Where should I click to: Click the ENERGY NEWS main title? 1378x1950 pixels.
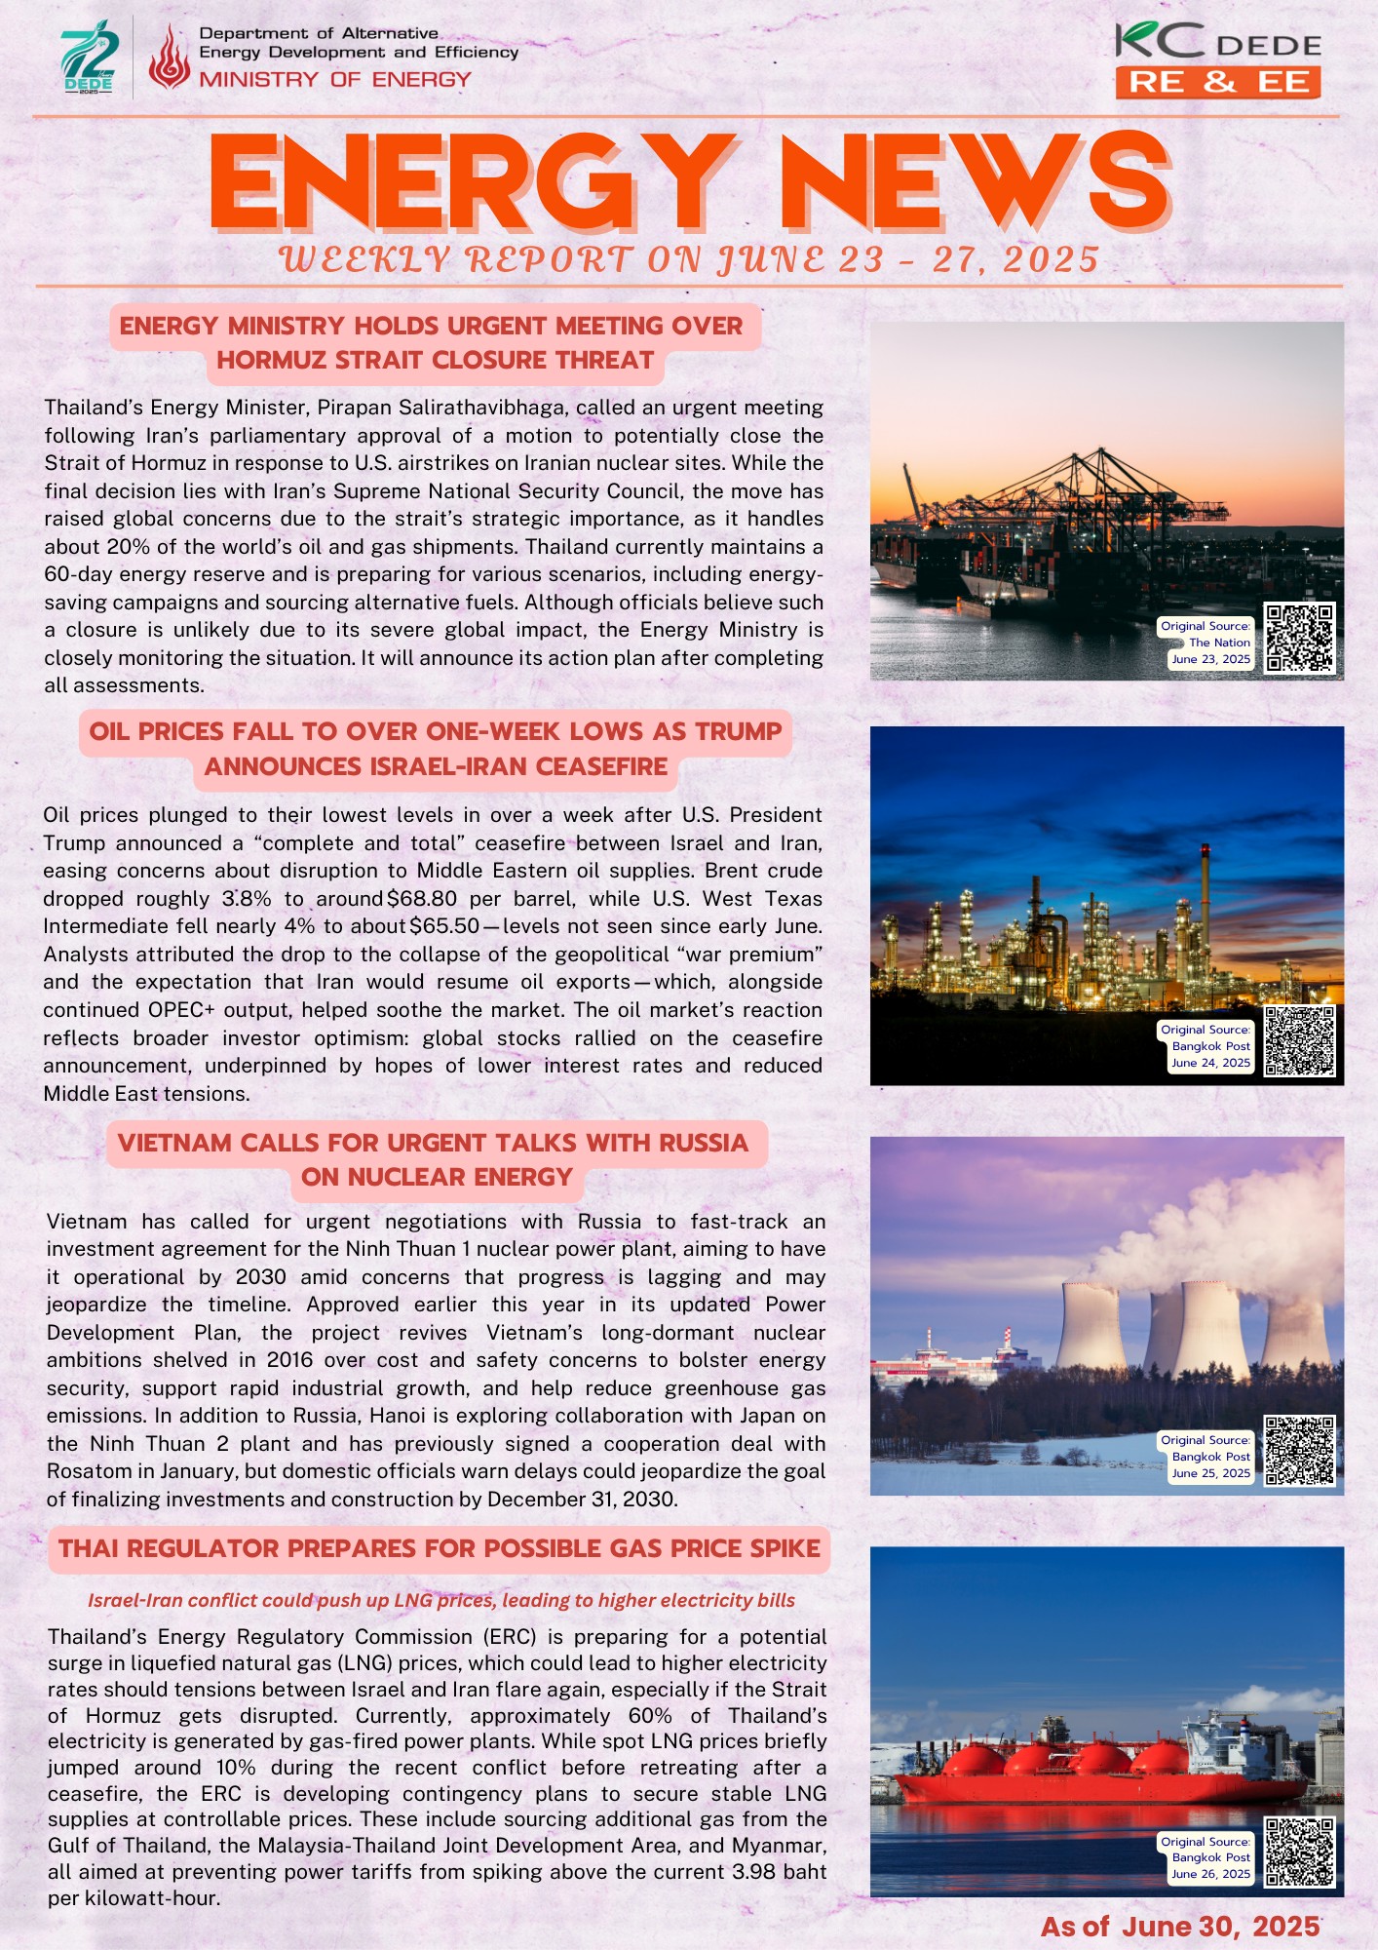[689, 182]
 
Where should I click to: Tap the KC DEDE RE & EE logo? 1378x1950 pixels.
[1218, 61]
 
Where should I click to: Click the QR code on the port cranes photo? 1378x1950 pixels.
[1299, 638]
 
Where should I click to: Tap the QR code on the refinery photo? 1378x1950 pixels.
[1299, 1041]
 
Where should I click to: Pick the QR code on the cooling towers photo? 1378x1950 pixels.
[1299, 1451]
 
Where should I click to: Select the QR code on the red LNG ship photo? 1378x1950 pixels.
[1299, 1852]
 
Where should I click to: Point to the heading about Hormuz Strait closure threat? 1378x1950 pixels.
[435, 342]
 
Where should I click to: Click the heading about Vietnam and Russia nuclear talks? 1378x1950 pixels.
[435, 1159]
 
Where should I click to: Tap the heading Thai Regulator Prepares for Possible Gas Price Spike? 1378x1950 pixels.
[439, 1548]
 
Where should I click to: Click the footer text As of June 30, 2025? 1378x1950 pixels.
[1179, 1926]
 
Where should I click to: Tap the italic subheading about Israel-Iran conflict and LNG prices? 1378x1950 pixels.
[441, 1600]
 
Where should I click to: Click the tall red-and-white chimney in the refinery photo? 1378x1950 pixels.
[1205, 907]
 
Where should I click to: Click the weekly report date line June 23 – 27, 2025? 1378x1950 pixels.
[689, 259]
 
